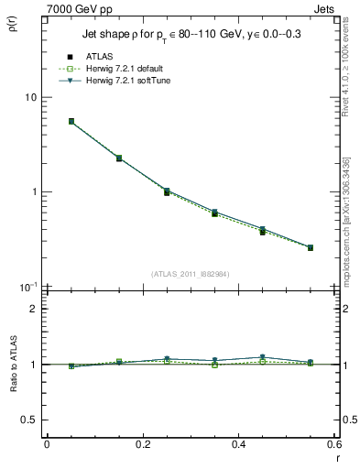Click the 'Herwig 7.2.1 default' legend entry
coord(123,70)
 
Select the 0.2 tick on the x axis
coord(142,443)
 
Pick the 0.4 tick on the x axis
coord(238,443)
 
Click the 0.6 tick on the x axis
coord(333,443)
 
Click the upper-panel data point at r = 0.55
coord(311,247)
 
